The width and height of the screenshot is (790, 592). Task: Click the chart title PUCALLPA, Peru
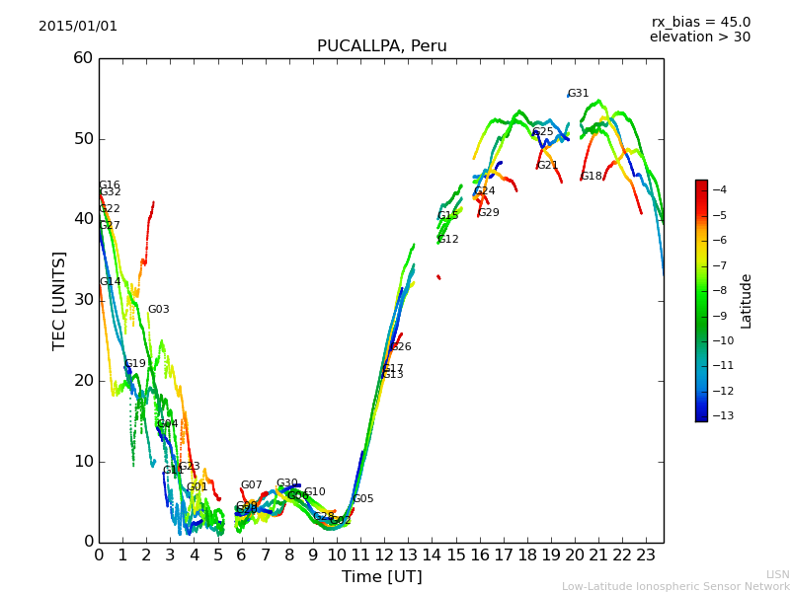381,46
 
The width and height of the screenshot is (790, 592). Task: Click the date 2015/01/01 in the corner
78,27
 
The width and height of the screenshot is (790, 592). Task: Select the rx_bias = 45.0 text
700,22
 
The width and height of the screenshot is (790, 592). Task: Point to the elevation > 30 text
699,37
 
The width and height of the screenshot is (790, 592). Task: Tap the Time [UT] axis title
381,577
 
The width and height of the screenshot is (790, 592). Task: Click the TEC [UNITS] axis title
59,300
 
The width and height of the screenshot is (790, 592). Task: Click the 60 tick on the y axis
83,58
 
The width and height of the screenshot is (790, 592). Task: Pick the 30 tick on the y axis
83,300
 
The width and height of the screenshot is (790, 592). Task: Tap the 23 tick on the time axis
647,555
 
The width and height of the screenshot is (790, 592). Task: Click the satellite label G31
579,94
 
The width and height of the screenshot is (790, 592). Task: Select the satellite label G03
159,310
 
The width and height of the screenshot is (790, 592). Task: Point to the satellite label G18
592,177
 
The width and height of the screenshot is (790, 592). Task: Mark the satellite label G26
401,347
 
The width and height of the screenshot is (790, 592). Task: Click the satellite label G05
363,499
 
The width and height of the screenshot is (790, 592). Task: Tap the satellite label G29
489,213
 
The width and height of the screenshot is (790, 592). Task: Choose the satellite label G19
135,364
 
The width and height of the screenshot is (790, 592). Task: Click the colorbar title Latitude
747,301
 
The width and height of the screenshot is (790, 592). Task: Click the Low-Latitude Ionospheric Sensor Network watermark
675,587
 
